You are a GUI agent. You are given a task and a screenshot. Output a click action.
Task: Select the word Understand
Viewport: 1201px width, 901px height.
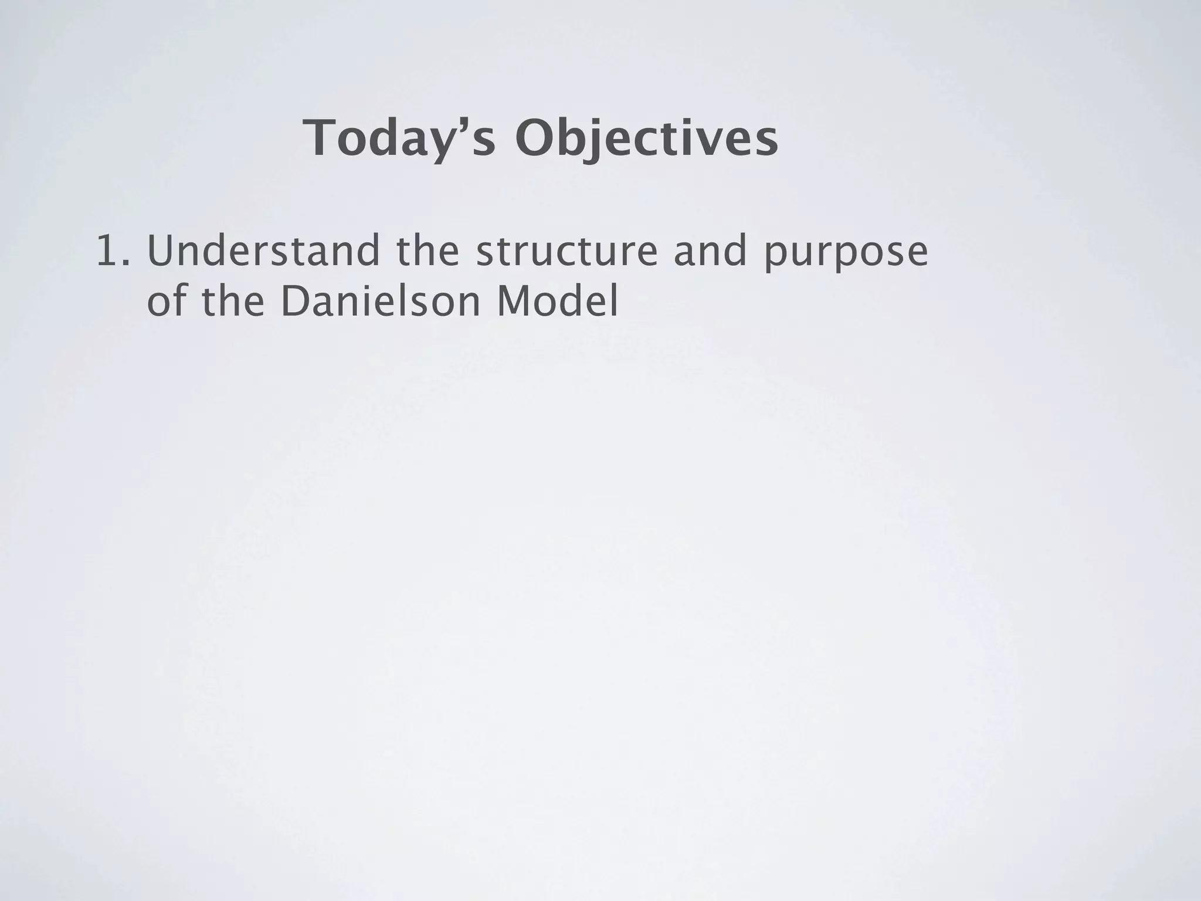coord(263,251)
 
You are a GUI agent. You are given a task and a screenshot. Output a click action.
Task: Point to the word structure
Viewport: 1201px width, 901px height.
coord(567,251)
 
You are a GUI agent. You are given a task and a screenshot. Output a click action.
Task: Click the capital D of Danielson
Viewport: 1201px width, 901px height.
coord(293,302)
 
